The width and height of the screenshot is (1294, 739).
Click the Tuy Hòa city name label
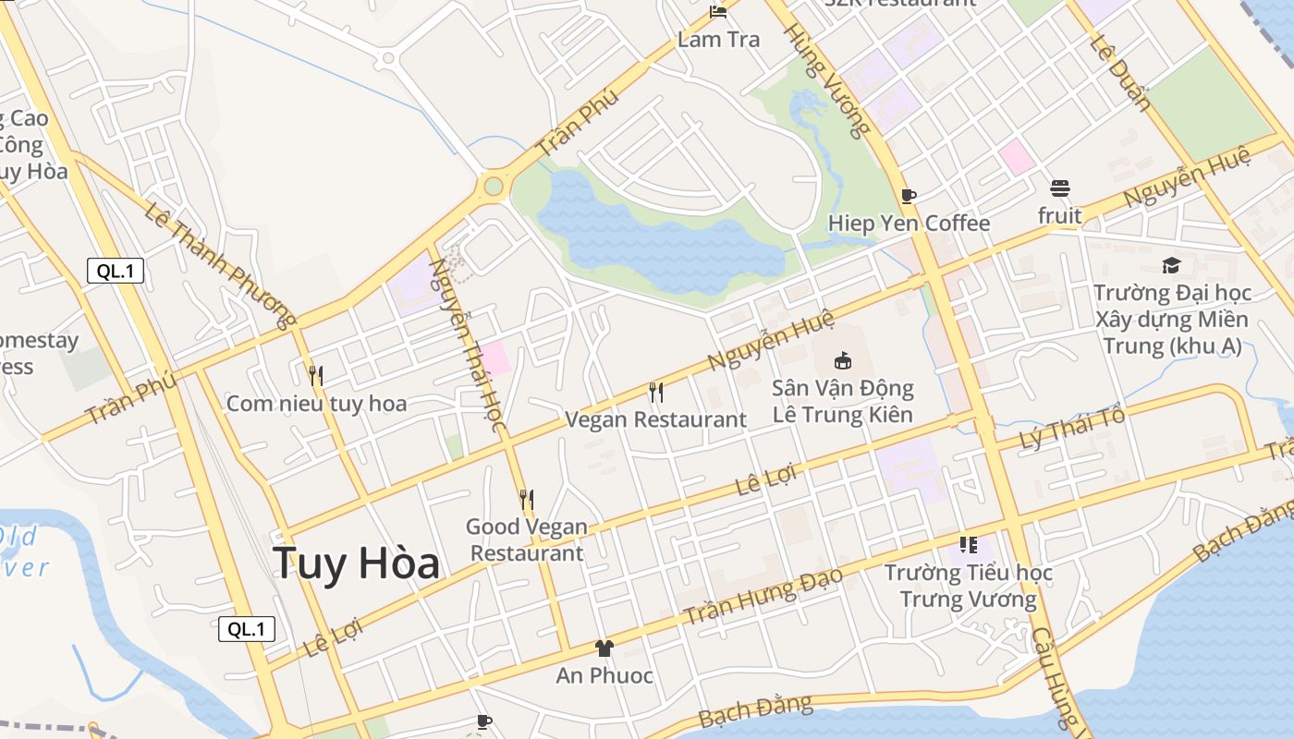tap(356, 563)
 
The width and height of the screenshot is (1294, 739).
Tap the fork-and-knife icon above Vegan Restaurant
tap(655, 393)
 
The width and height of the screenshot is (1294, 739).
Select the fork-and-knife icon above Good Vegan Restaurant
tap(527, 500)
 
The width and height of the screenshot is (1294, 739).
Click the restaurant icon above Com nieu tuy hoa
tap(316, 375)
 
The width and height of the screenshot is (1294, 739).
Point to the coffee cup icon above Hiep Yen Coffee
tap(909, 196)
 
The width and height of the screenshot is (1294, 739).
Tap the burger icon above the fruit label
tap(1059, 188)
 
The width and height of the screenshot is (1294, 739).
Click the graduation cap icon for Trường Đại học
tap(1171, 266)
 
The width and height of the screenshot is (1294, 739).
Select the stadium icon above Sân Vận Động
tap(842, 360)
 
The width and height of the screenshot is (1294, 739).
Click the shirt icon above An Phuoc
tap(604, 648)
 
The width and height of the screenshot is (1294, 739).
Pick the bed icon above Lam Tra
tap(718, 12)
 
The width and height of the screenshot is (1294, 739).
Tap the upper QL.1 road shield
tap(116, 272)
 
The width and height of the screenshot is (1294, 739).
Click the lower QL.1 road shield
tap(247, 629)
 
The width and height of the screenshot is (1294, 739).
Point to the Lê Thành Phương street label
tap(219, 264)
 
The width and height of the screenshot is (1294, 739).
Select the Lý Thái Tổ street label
tap(1072, 429)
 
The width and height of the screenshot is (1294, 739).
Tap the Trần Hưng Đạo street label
tap(763, 596)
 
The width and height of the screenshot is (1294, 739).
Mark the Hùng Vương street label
tap(826, 79)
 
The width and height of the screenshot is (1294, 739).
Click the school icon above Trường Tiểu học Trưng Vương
tap(968, 545)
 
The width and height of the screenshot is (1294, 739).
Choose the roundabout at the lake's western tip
tap(493, 187)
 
